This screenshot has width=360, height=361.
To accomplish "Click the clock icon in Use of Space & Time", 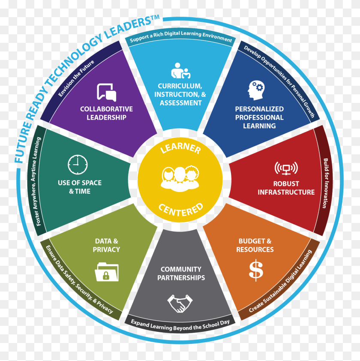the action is pyautogui.click(x=78, y=164).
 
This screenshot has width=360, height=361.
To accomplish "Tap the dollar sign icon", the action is pyautogui.click(x=256, y=270).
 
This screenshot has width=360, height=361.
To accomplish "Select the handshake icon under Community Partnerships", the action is pyautogui.click(x=180, y=303).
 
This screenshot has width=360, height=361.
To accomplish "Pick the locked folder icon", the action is pyautogui.click(x=107, y=272).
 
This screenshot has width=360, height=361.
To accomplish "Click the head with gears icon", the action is pyautogui.click(x=256, y=90).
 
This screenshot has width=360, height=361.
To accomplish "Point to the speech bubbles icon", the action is pyautogui.click(x=107, y=92).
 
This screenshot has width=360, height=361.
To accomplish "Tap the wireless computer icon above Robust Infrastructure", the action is pyautogui.click(x=286, y=168).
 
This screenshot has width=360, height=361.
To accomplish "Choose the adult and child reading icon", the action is pyautogui.click(x=181, y=70).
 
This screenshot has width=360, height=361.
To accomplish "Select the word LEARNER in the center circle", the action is pyautogui.click(x=180, y=148).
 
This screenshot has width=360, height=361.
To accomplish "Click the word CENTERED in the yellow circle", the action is pyautogui.click(x=181, y=210).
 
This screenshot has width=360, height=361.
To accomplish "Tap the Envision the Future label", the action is pyautogui.click(x=76, y=78).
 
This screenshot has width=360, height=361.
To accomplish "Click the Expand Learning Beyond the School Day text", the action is pyautogui.click(x=180, y=325).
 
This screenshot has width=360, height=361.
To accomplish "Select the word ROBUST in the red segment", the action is pyautogui.click(x=286, y=184).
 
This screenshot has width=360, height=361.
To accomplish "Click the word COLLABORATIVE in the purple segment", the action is pyautogui.click(x=106, y=109).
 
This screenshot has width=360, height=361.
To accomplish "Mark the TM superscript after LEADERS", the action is pyautogui.click(x=156, y=18).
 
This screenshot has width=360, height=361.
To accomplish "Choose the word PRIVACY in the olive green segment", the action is pyautogui.click(x=106, y=250).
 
